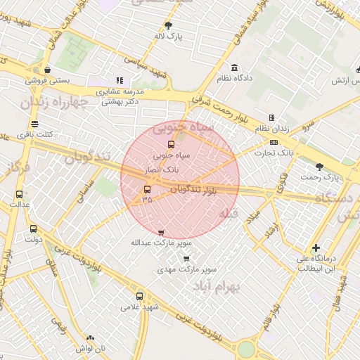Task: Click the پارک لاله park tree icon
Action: tap(168, 25)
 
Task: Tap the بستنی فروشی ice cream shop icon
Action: tap(47, 70)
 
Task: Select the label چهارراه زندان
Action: tap(53, 103)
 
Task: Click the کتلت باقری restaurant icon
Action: tap(35, 124)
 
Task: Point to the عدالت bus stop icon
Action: tap(19, 194)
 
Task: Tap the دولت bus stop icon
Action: tap(33, 229)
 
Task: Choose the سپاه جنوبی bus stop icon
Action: tap(169, 144)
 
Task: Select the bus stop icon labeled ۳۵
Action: tap(148, 189)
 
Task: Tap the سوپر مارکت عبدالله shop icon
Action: tap(161, 232)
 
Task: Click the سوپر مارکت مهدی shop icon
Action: tap(186, 258)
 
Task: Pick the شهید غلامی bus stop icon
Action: tap(139, 296)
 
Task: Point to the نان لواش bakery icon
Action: tap(90, 337)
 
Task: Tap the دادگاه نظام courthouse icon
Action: tap(234, 68)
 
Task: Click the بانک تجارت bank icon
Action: tap(274, 142)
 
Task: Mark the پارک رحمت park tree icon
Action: tap(319, 167)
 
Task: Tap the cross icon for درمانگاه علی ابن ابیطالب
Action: tap(316, 247)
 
